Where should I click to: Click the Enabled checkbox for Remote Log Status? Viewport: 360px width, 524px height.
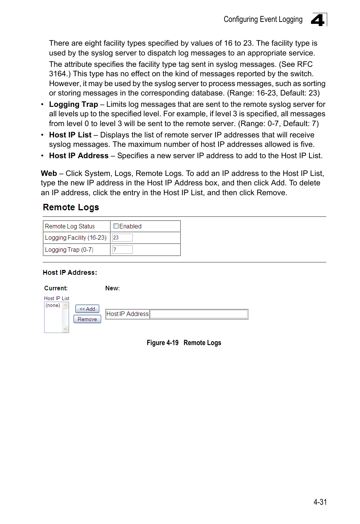click(x=116, y=226)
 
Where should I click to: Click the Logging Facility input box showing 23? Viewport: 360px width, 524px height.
click(x=122, y=237)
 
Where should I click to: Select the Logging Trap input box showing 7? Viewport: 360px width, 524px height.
click(x=122, y=250)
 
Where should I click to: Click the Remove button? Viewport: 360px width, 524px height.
click(x=87, y=319)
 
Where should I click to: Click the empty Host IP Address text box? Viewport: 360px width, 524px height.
click(x=198, y=314)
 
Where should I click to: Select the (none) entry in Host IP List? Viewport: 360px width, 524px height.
click(x=53, y=305)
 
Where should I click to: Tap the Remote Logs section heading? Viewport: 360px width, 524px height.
click(x=71, y=207)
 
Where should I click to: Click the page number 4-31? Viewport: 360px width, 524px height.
click(x=320, y=502)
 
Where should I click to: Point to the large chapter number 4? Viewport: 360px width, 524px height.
click(x=318, y=20)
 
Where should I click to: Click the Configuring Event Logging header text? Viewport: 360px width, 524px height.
click(x=263, y=19)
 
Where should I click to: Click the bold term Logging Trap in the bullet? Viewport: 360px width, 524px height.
click(x=74, y=105)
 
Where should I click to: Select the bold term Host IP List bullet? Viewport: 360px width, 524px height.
click(x=70, y=135)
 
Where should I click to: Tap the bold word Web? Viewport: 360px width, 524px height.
click(x=49, y=173)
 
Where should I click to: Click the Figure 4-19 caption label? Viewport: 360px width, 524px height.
click(x=162, y=343)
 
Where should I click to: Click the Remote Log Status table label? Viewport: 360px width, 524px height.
click(x=70, y=226)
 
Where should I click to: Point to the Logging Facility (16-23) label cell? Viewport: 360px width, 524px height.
click(x=75, y=237)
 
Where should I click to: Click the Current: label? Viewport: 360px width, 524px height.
click(x=56, y=288)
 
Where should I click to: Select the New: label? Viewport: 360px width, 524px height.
click(x=112, y=288)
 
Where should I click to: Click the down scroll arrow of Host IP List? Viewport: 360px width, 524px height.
click(x=66, y=329)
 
